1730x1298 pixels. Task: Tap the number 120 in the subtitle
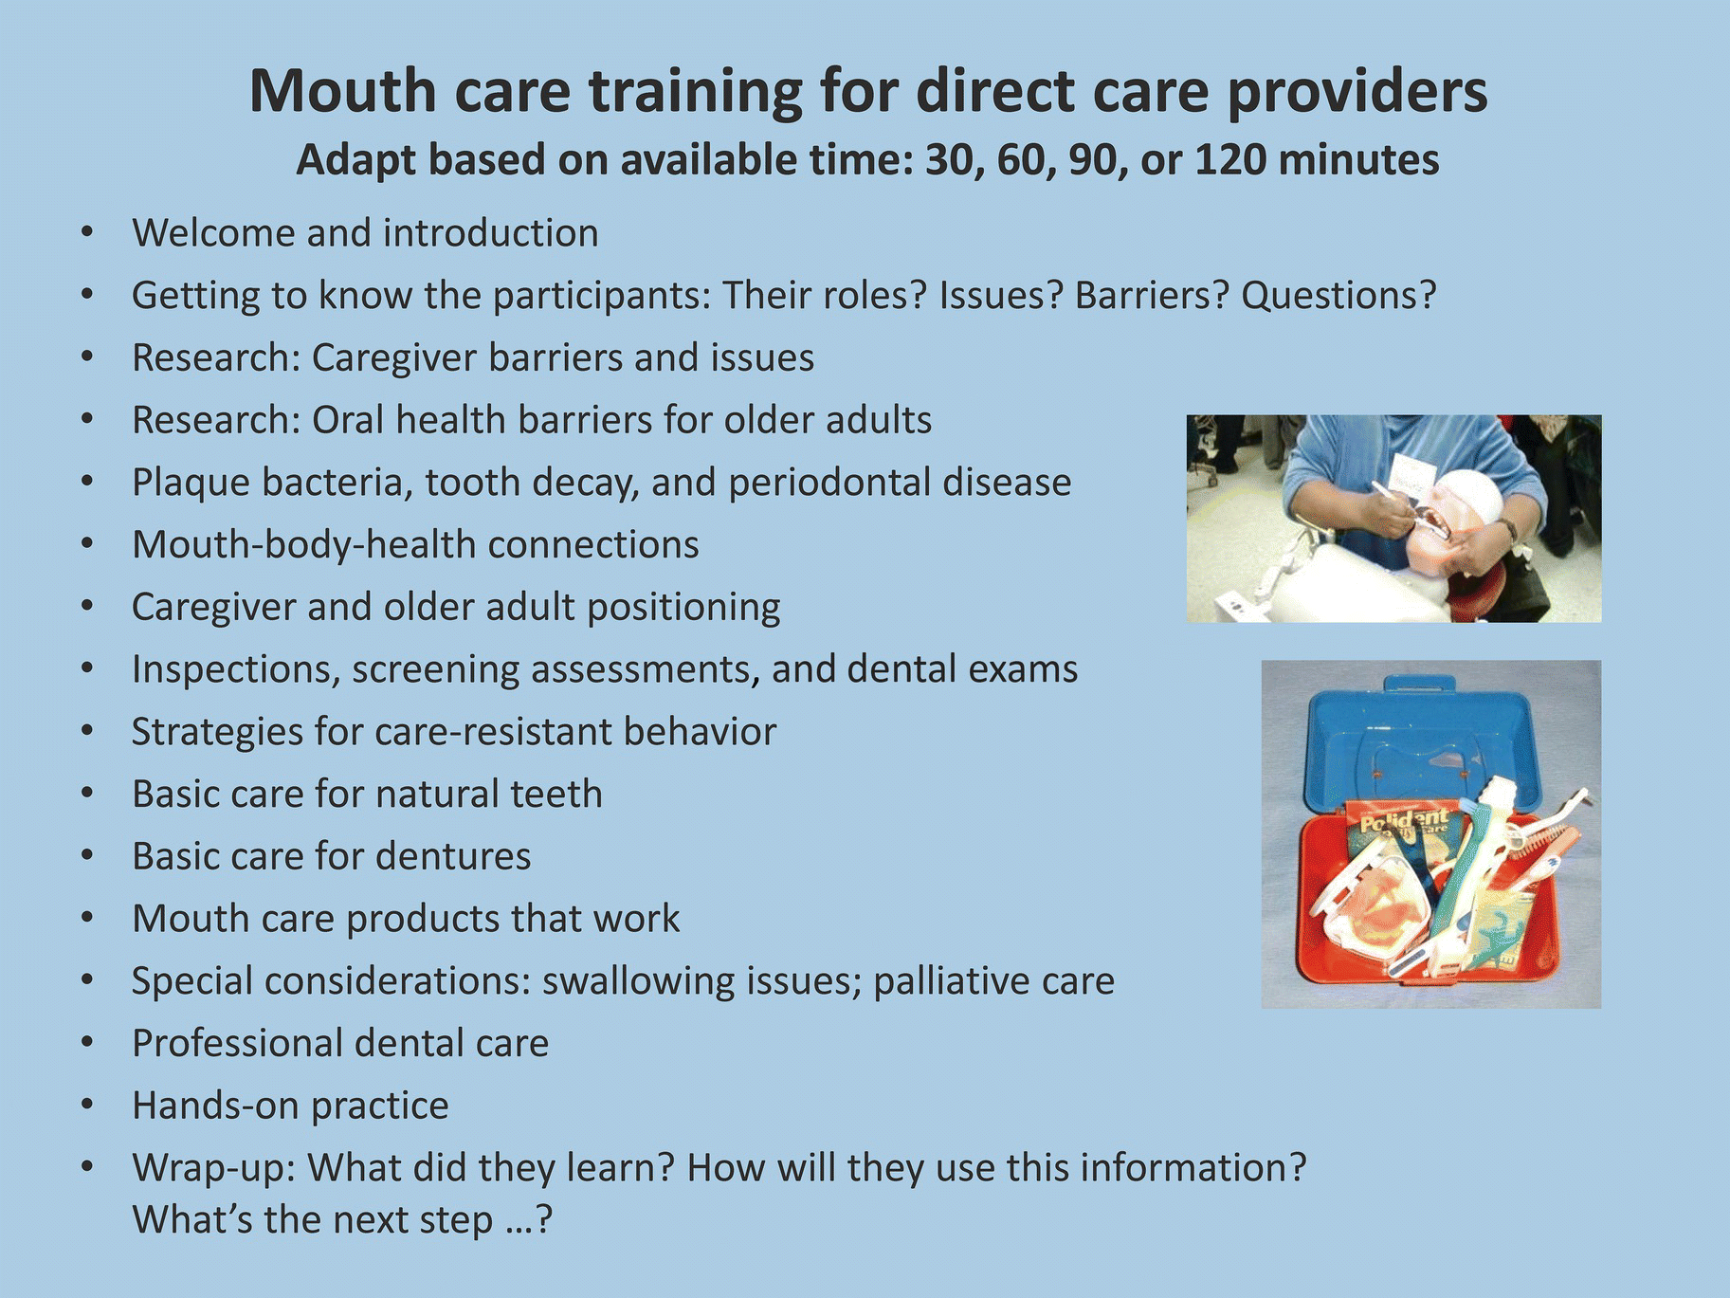pyautogui.click(x=1229, y=159)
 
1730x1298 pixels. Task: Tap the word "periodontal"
pyautogui.click(x=828, y=482)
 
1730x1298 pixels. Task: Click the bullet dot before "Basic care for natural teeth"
pyautogui.click(x=87, y=794)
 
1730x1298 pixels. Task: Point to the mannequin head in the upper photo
pyautogui.click(x=1456, y=531)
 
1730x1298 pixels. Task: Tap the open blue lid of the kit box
pyautogui.click(x=1422, y=744)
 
